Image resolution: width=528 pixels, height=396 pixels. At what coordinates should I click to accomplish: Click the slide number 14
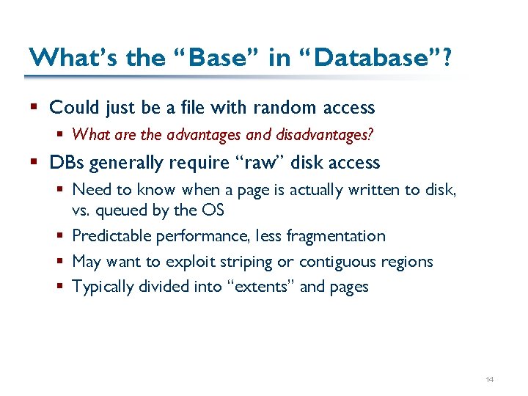490,379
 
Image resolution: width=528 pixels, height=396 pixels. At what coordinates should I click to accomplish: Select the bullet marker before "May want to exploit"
61,262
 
